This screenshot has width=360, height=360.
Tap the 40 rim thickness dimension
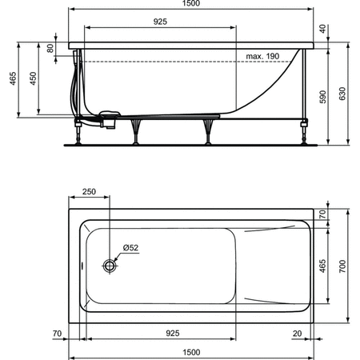coord(323,28)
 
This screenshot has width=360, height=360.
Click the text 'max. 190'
coord(262,56)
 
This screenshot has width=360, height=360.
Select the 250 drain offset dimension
coord(89,192)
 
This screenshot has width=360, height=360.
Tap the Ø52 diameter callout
coord(131,248)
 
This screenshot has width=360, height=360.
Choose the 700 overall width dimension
coord(342,267)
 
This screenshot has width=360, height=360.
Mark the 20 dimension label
coord(298,332)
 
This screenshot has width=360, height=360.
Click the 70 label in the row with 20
coord(57,332)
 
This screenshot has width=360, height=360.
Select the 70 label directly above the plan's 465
coord(323,215)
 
